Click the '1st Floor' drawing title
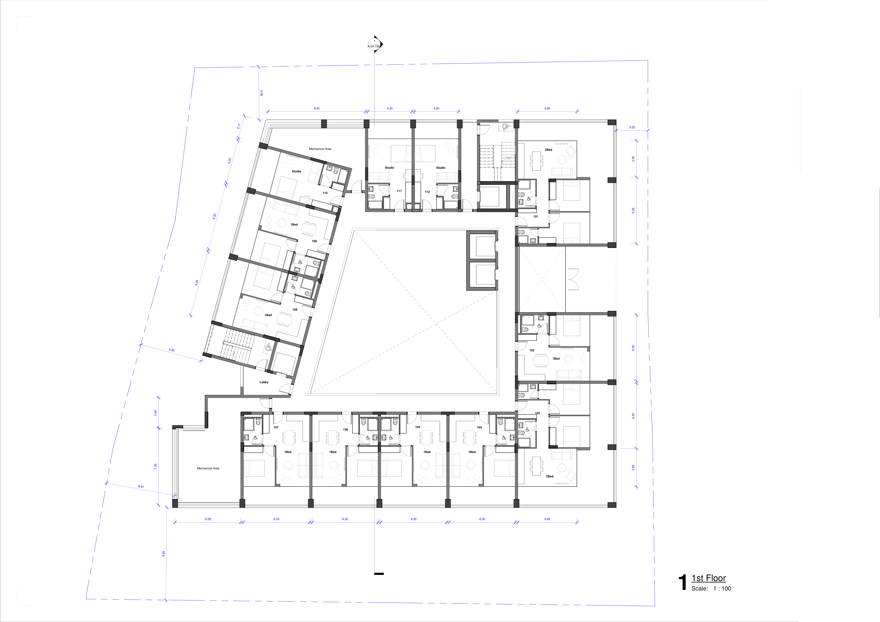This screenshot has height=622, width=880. [x=708, y=578]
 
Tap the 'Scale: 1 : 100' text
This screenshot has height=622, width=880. [x=711, y=589]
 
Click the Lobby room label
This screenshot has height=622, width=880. [x=264, y=382]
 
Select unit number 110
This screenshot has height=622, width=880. [x=325, y=193]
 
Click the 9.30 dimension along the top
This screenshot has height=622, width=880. [x=317, y=109]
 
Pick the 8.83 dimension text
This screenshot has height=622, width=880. [x=163, y=554]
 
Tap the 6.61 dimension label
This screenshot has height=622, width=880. [x=141, y=487]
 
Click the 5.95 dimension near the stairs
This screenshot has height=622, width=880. [x=171, y=350]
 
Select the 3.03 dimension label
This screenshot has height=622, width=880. [x=632, y=127]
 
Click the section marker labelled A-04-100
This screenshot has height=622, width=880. [x=375, y=44]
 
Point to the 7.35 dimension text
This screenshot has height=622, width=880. [x=155, y=466]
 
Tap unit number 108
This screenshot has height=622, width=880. [x=295, y=310]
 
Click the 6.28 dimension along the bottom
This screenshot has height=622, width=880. [x=208, y=519]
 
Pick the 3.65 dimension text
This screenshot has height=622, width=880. [x=633, y=467]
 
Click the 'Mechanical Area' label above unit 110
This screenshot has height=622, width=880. [x=320, y=149]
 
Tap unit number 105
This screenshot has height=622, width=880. [x=417, y=427]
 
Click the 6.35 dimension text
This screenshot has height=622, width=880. [x=633, y=210]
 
